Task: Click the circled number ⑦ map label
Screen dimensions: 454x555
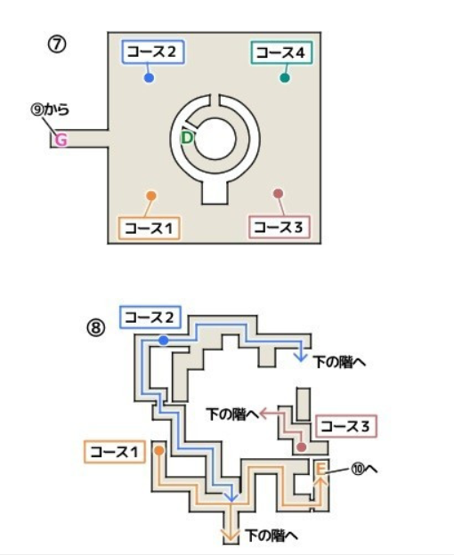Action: [x=57, y=44]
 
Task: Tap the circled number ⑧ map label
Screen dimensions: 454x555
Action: [x=96, y=328]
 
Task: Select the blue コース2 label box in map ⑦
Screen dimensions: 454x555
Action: [x=153, y=52]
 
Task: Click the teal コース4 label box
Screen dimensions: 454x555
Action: [x=282, y=52]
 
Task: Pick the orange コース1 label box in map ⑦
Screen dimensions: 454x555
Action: [x=150, y=229]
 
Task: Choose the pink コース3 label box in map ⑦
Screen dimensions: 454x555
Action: [x=280, y=227]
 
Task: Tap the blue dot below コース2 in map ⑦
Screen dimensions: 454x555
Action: [x=149, y=78]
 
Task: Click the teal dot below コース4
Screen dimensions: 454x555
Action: [x=285, y=78]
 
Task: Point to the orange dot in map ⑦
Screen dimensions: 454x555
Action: [x=151, y=196]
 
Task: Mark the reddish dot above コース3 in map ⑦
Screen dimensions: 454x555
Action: [x=279, y=194]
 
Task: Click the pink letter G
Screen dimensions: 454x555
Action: [x=61, y=141]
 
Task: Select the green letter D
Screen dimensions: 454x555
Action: [x=187, y=138]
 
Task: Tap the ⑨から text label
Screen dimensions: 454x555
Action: [x=50, y=109]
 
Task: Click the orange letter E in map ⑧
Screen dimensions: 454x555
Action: [x=320, y=469]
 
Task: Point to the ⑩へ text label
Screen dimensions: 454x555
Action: [x=364, y=469]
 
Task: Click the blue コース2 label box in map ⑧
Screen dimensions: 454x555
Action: [x=150, y=318]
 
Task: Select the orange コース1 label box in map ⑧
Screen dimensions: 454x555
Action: [x=115, y=452]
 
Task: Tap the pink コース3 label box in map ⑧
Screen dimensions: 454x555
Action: [x=346, y=426]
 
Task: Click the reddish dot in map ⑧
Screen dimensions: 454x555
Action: [x=302, y=447]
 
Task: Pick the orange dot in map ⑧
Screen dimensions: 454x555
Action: [x=159, y=451]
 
